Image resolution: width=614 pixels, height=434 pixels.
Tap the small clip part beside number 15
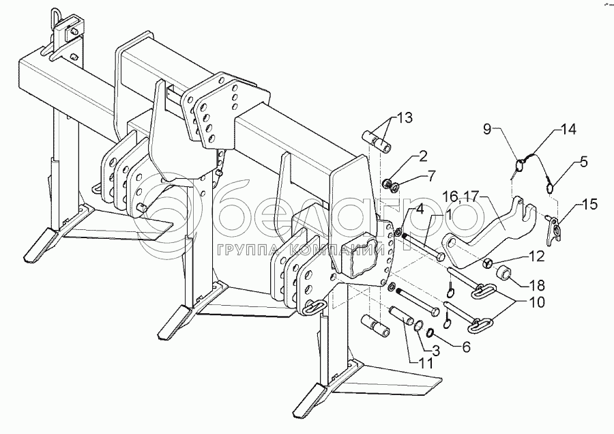[x=557, y=227]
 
